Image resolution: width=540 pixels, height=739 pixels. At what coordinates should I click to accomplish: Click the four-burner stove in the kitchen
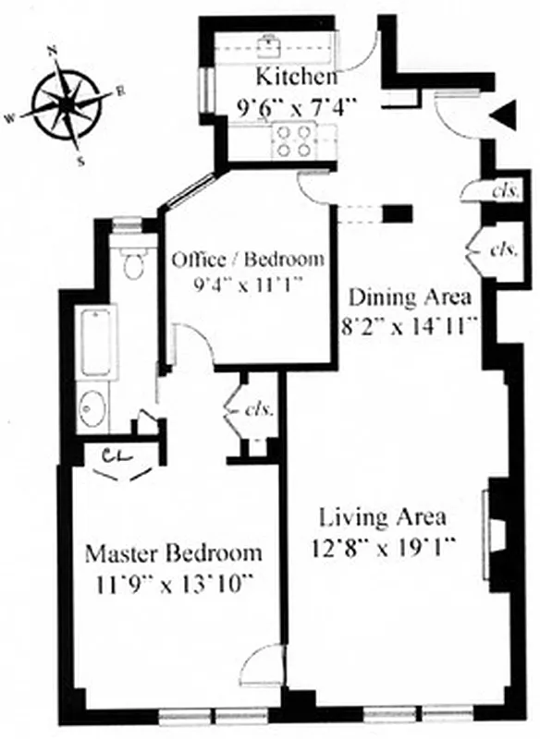292,139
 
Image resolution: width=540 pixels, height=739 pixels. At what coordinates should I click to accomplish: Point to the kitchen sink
272,43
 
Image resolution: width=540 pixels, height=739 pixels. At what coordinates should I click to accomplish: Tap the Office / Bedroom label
248,259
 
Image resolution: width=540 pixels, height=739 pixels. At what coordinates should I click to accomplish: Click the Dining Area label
410,297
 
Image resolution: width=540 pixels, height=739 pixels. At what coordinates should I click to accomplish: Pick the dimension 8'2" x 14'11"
410,325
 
